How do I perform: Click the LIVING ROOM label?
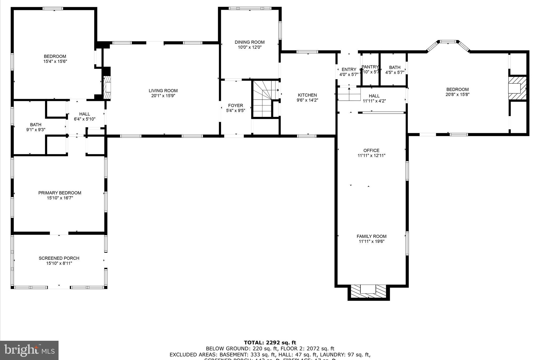pyautogui.click(x=163, y=91)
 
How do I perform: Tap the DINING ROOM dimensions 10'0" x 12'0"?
pyautogui.click(x=249, y=47)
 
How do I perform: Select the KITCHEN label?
pyautogui.click(x=307, y=95)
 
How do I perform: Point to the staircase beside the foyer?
pyautogui.click(x=262, y=99)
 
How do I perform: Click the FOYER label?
pyautogui.click(x=235, y=105)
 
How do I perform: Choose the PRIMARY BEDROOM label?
pyautogui.click(x=60, y=193)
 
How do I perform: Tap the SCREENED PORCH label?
pyautogui.click(x=59, y=258)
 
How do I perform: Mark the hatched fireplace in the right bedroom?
pyautogui.click(x=517, y=88)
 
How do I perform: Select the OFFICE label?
pyautogui.click(x=371, y=151)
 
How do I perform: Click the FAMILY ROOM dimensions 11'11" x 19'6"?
pyautogui.click(x=371, y=241)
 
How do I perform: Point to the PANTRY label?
pyautogui.click(x=370, y=67)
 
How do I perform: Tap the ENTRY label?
pyautogui.click(x=349, y=70)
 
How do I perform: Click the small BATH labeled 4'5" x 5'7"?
pyautogui.click(x=394, y=68)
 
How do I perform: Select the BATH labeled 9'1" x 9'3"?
pyautogui.click(x=36, y=125)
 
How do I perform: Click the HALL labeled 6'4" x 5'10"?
pyautogui.click(x=85, y=114)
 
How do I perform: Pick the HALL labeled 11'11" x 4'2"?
pyautogui.click(x=374, y=96)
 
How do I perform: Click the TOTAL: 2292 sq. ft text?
pyautogui.click(x=270, y=343)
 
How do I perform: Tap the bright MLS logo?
pyautogui.click(x=29, y=350)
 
